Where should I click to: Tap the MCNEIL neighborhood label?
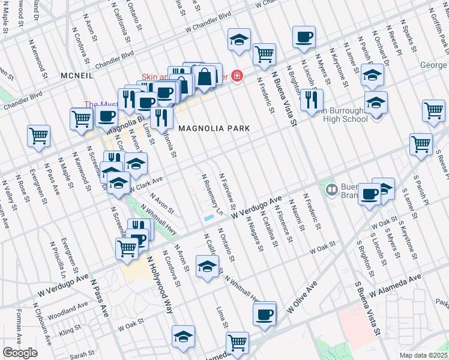(x=77, y=76)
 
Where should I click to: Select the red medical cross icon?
(x=237, y=76)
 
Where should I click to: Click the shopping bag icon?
(x=204, y=76)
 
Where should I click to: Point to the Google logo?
(x=20, y=353)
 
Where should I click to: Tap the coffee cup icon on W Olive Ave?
(x=264, y=314)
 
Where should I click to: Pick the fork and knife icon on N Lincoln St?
(x=311, y=100)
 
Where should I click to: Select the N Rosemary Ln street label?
(x=212, y=194)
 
